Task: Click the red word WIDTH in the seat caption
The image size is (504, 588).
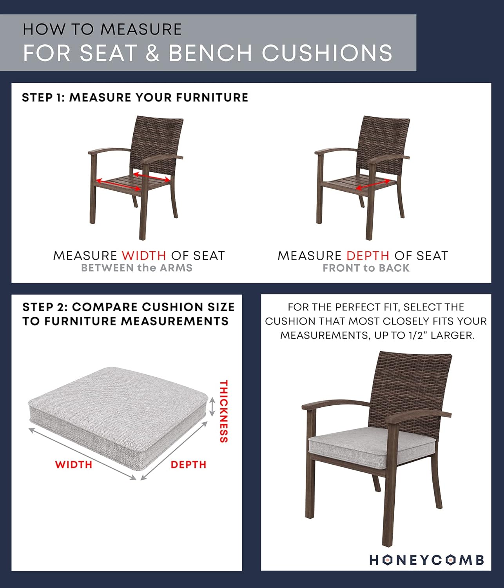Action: (x=144, y=256)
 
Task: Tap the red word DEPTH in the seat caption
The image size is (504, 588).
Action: (x=368, y=256)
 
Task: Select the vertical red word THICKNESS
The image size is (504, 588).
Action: (x=224, y=411)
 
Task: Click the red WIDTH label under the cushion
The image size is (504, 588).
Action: (x=74, y=465)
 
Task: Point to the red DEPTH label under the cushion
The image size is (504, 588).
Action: (x=188, y=465)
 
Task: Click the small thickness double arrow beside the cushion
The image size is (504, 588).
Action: (x=212, y=407)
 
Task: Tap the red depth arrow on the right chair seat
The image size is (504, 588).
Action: (x=373, y=184)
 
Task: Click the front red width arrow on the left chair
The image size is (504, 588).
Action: (x=119, y=184)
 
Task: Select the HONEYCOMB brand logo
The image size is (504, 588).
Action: (x=426, y=560)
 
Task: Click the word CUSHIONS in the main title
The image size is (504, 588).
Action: (x=327, y=53)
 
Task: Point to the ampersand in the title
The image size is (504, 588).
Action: (x=153, y=53)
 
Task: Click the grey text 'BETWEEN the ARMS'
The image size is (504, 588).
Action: (x=137, y=268)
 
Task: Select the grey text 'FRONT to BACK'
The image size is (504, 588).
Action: (x=366, y=268)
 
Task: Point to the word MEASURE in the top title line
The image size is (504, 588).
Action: (x=141, y=29)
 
